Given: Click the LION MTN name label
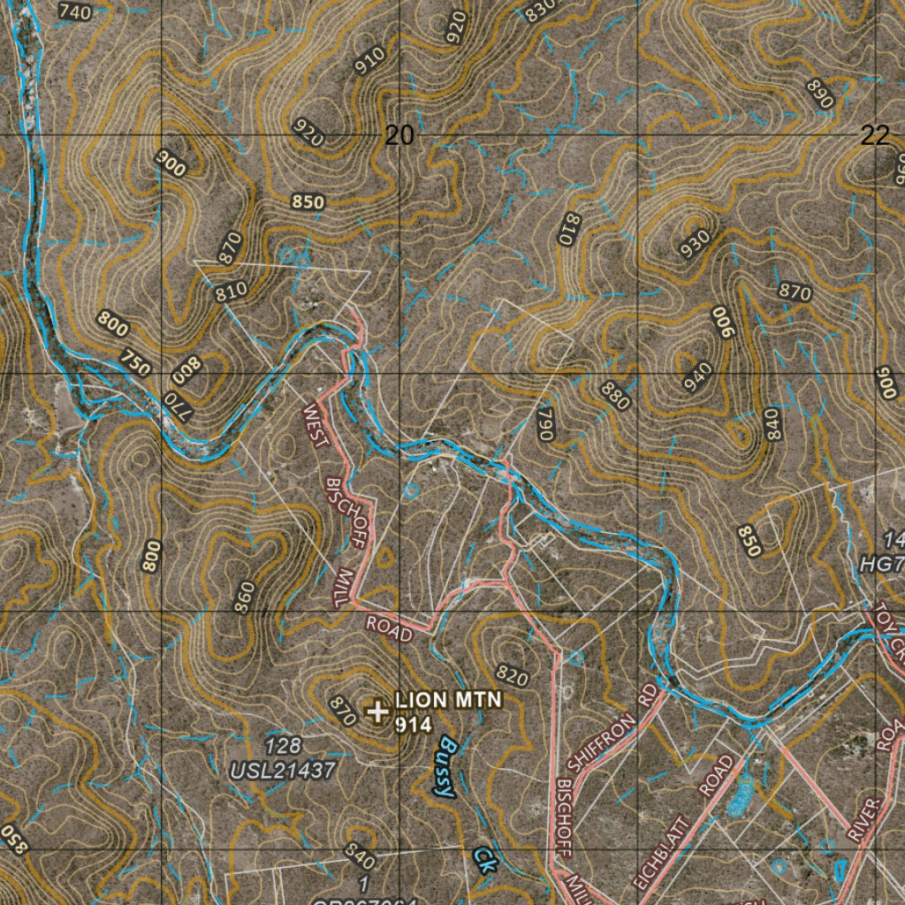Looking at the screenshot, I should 449,700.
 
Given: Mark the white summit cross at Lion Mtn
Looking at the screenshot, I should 377,711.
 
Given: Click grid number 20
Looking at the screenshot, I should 399,135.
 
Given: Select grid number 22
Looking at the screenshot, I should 874,135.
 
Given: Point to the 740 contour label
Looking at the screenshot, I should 74,11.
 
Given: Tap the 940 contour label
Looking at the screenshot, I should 697,378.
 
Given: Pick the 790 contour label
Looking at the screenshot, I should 544,424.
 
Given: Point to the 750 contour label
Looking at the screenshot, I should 135,361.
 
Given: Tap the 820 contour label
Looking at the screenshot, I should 513,678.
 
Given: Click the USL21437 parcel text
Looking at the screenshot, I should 283,771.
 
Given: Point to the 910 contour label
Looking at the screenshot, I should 369,60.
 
